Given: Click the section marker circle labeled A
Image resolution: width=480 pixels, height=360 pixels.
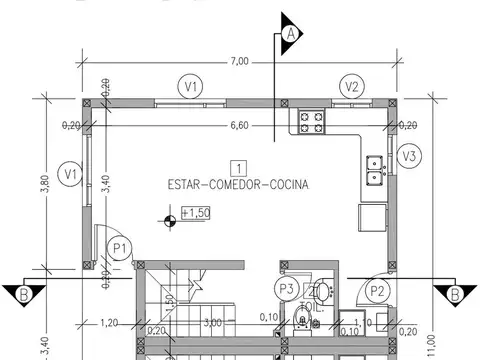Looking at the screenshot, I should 291,33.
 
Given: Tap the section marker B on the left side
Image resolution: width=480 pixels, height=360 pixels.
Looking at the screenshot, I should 22,294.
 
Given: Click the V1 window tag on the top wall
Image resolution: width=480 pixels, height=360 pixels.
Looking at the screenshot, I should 189,87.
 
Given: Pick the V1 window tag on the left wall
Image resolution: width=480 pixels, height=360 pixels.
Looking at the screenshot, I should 69,175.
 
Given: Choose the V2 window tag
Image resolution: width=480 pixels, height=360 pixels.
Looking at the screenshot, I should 351,87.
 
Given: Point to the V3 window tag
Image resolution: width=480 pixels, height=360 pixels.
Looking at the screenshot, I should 407,156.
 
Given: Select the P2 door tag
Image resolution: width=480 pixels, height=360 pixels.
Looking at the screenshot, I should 377,291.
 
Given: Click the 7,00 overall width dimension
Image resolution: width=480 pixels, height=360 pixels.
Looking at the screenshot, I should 239,62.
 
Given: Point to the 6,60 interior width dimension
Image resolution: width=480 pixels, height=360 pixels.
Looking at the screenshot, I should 239,126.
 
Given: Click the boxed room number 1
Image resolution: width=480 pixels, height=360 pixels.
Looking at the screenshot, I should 238,167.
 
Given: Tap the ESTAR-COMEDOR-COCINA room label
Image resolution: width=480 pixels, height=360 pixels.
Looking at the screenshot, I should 238,185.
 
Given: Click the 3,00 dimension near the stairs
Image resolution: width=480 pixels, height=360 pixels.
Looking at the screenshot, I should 212,323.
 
